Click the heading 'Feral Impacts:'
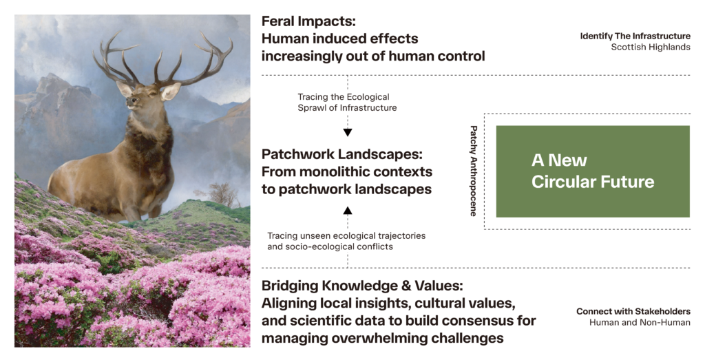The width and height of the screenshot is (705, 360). pos(308,21)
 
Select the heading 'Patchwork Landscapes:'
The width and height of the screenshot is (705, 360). pos(342,154)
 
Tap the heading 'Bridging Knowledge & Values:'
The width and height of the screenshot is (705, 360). pos(362,286)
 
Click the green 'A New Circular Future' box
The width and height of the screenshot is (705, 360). pos(593,171)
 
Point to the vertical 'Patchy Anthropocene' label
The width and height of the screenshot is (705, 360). pos(473,171)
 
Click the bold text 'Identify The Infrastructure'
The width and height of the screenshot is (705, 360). pos(635,36)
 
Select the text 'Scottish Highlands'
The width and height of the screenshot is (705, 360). pos(651,47)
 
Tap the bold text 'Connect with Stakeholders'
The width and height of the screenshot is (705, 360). pos(633,311)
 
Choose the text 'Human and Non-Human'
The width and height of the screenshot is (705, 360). pos(640,322)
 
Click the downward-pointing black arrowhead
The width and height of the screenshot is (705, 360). pos(348,133)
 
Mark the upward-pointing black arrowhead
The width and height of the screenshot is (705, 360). pos(348,211)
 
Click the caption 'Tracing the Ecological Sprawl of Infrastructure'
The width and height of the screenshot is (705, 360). pos(347,102)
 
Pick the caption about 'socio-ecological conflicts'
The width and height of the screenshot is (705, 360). pos(346,241)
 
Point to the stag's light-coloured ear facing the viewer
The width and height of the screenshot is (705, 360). pos(171,92)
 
